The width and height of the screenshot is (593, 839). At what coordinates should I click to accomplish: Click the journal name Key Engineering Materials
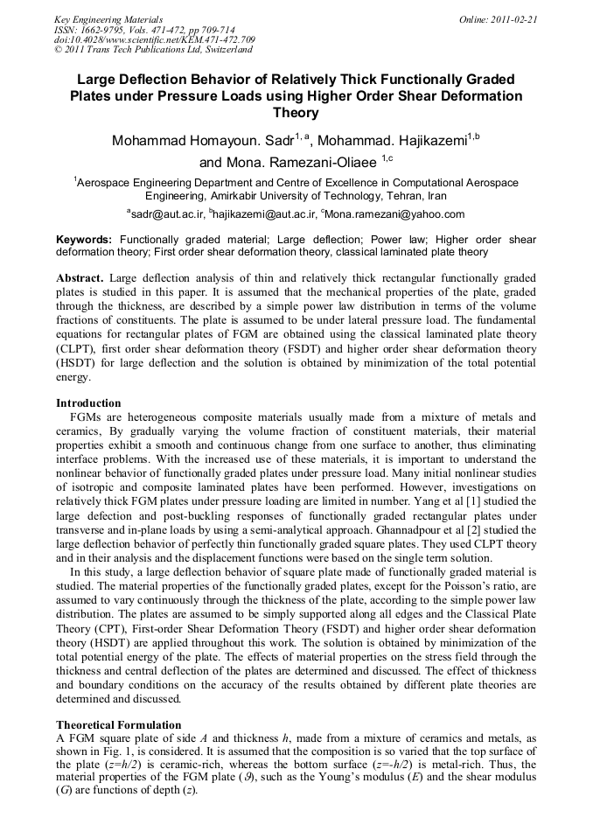pyautogui.click(x=108, y=19)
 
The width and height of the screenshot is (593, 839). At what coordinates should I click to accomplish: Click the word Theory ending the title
pyautogui.click(x=296, y=113)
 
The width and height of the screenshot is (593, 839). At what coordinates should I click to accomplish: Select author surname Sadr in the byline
pyautogui.click(x=276, y=141)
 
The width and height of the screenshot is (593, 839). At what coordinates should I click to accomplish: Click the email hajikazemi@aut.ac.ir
pyautogui.click(x=267, y=214)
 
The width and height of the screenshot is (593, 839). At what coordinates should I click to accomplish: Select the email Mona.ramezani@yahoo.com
pyautogui.click(x=395, y=214)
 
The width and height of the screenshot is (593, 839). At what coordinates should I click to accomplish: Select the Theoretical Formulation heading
pyautogui.click(x=118, y=725)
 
